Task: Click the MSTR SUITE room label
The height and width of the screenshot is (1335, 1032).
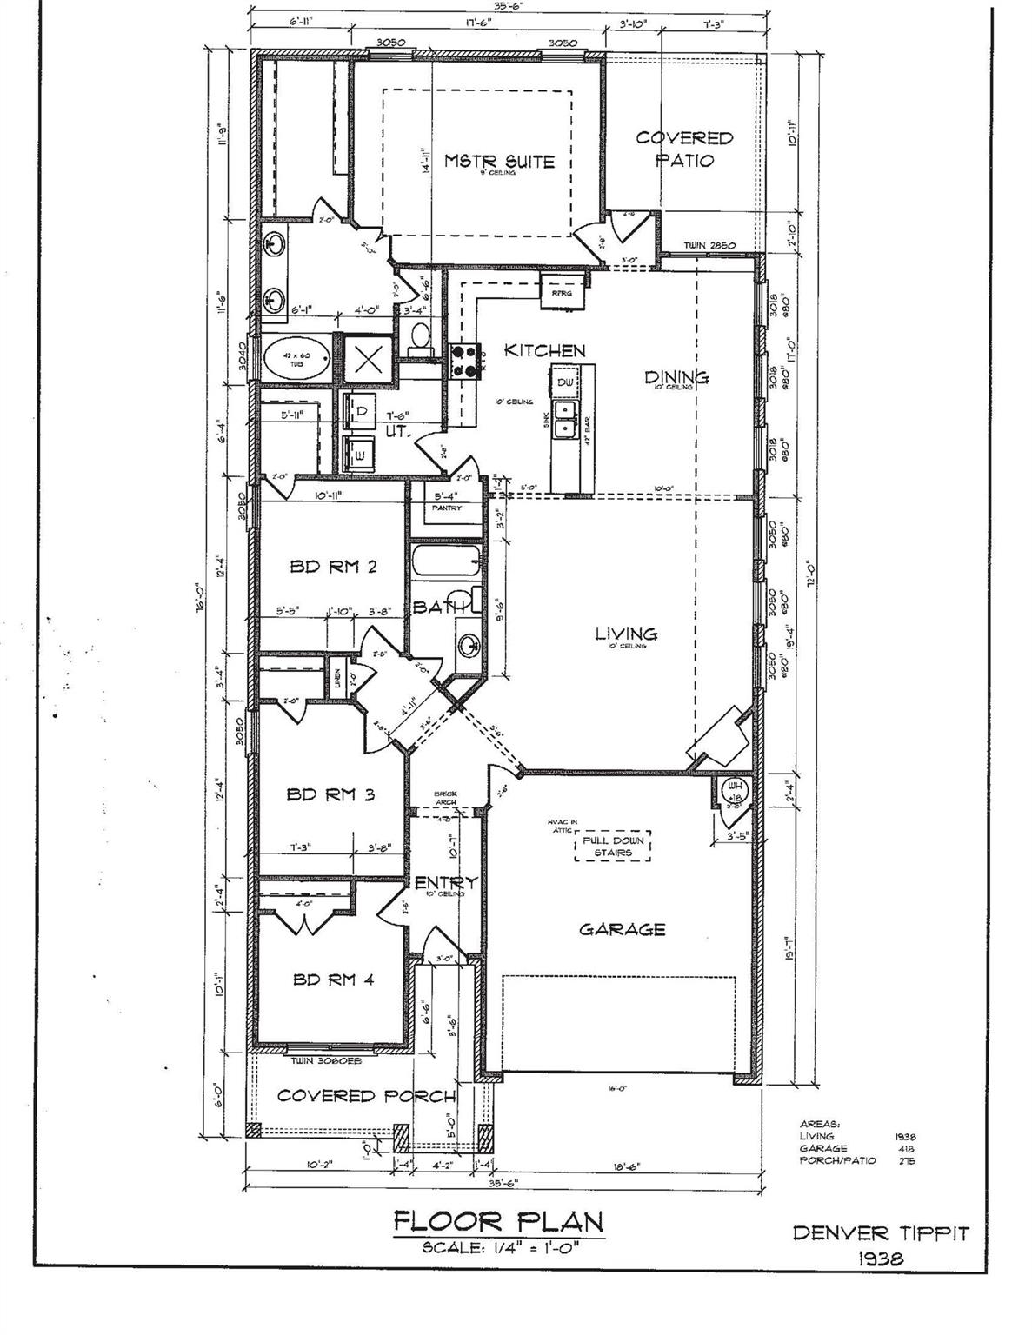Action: coord(499,162)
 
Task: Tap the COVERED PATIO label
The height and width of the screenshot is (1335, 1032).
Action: coord(684,149)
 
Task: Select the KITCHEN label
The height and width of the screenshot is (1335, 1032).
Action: coord(545,351)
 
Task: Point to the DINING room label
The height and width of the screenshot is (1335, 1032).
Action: coord(676,376)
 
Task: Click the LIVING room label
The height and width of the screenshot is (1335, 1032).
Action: coord(626,634)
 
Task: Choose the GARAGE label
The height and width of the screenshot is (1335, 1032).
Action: coord(623,929)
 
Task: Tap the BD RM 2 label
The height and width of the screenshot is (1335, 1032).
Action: coord(333,568)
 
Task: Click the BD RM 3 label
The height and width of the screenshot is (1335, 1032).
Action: coord(330,794)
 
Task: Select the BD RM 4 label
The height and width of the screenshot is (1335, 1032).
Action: coord(333,980)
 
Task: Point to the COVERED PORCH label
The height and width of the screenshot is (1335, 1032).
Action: coord(366,1096)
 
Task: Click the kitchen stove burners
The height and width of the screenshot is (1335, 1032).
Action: coord(465,361)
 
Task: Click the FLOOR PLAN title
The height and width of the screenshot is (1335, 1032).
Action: coord(498,1221)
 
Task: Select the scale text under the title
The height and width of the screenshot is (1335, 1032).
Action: coord(500,1248)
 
